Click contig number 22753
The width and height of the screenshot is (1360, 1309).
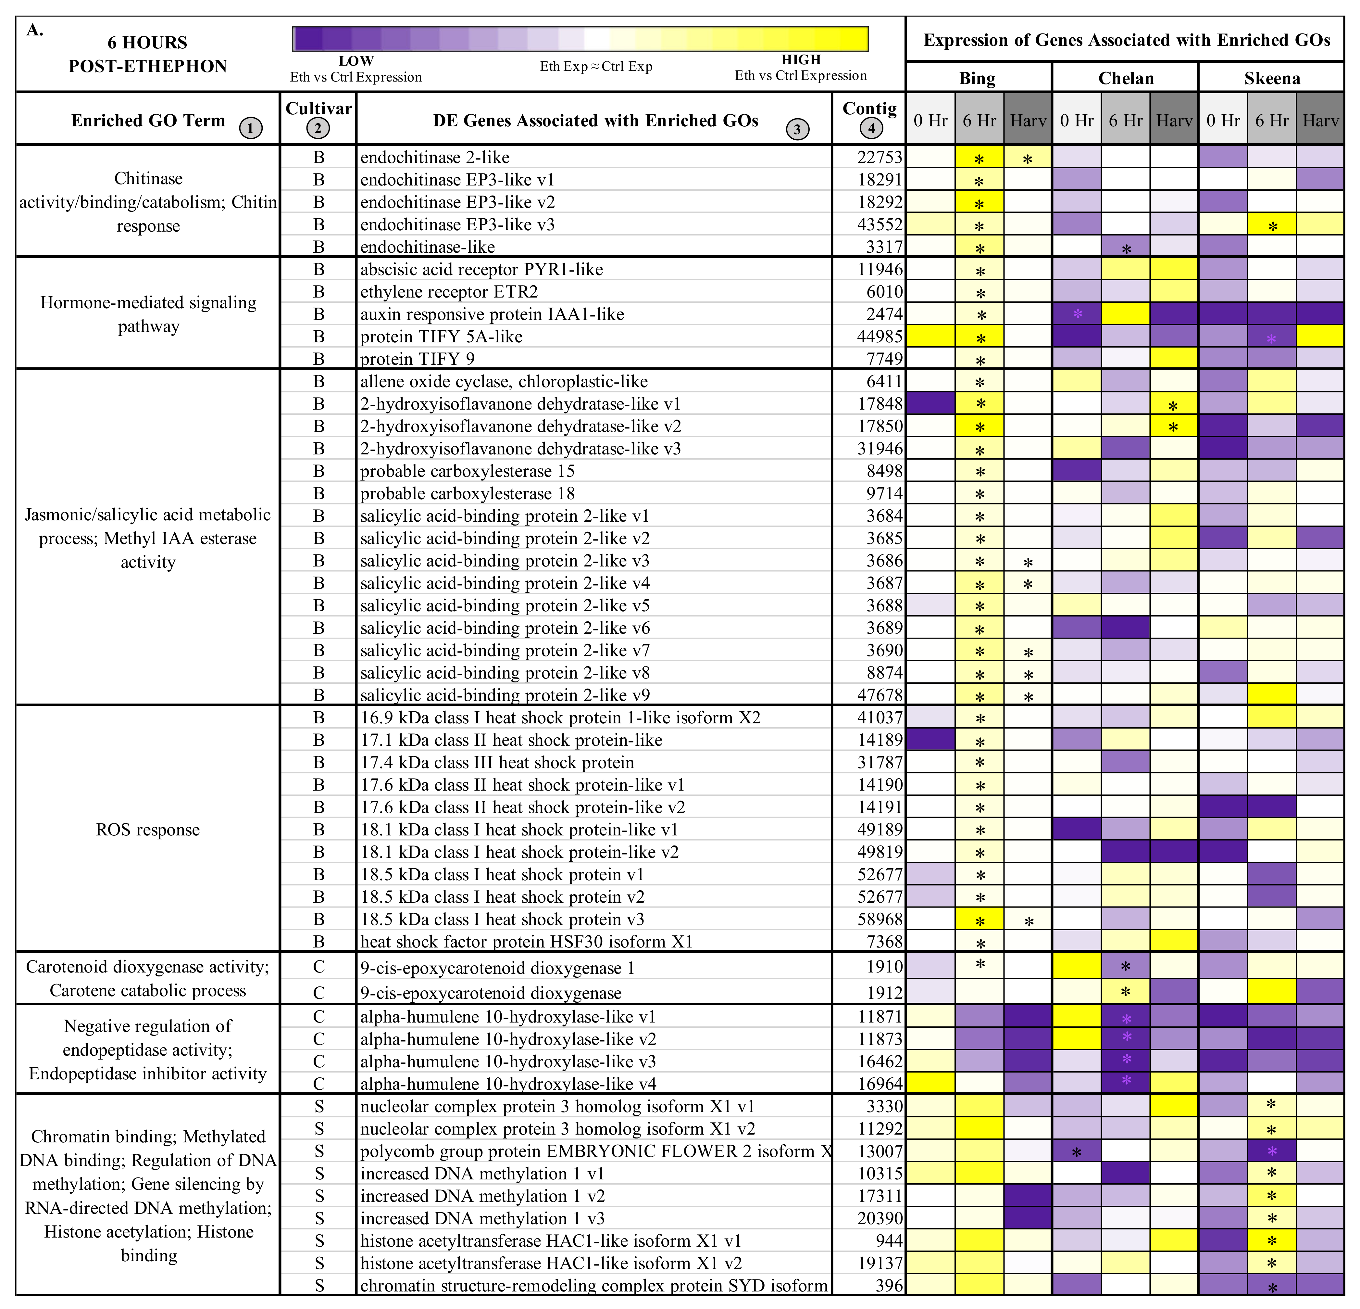pos(880,158)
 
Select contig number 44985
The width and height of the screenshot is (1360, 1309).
pos(880,337)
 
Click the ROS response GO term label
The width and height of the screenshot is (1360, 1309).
pos(148,830)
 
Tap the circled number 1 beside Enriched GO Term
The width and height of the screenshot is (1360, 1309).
pos(251,128)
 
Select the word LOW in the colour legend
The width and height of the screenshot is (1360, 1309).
pos(356,61)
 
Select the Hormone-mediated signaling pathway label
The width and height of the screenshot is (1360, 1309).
pos(148,314)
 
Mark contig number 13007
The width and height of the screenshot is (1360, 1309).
pos(880,1151)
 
